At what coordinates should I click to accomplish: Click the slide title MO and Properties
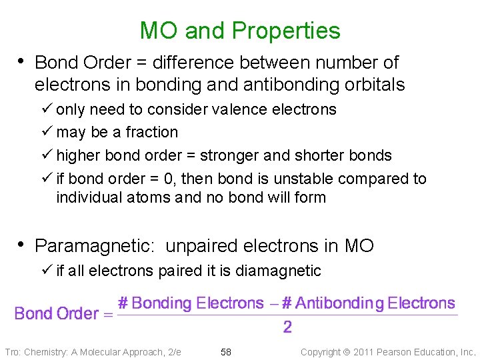tap(240, 31)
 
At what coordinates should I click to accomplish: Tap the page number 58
tap(226, 352)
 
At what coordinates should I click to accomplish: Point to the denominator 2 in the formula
tap(287, 327)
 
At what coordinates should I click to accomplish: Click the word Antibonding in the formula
tap(337, 304)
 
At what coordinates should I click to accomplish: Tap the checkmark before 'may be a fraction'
tap(47, 132)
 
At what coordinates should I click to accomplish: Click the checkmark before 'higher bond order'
tap(47, 155)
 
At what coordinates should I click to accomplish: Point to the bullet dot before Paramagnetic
tap(21, 245)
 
